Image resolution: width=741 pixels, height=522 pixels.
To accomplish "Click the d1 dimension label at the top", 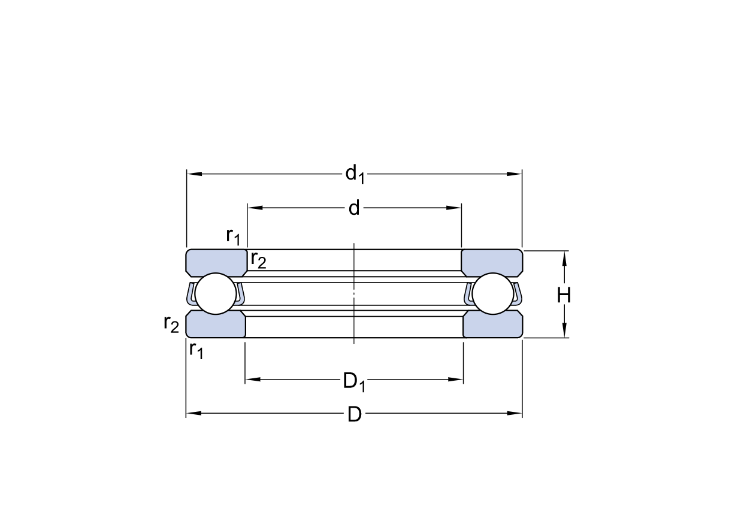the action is pos(355,174).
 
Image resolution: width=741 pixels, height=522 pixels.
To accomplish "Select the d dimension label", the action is pos(354,208).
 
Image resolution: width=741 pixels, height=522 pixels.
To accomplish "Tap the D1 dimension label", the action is pos(354,382).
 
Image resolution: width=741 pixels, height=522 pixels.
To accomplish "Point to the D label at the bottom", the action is pos(354,415).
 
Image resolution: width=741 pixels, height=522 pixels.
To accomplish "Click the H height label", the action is pos(564,295).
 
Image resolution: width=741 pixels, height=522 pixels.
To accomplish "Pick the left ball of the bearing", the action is pos(216,293).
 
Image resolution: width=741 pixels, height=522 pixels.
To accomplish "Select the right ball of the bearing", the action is pos(493,293).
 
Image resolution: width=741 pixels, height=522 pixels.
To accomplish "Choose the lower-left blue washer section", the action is pos(216,325).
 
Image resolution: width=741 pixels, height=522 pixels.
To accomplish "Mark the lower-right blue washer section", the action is pos(493,325).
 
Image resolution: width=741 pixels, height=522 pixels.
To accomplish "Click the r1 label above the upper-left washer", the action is pos(233,236).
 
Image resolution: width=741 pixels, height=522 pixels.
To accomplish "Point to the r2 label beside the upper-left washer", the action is pos(258,260).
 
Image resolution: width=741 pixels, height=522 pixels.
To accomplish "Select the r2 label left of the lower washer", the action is pos(171,324).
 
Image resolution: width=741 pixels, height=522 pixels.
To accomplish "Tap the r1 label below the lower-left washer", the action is pos(196,350).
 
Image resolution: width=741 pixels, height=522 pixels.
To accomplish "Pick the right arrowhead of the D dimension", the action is pos(515,413).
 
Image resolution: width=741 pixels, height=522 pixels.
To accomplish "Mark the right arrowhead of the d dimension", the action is pos(453,208).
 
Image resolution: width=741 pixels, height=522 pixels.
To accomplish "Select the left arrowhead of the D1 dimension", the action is pos(253,379).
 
